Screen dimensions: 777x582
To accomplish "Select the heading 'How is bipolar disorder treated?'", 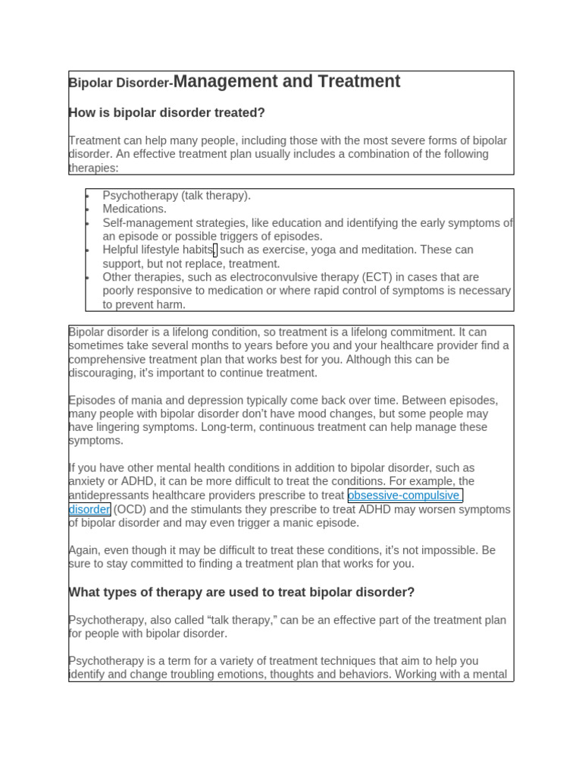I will tap(167, 113).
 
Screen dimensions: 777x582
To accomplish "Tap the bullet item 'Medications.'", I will tap(134, 209).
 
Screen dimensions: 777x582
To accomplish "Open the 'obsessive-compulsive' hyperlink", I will tap(403, 495).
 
